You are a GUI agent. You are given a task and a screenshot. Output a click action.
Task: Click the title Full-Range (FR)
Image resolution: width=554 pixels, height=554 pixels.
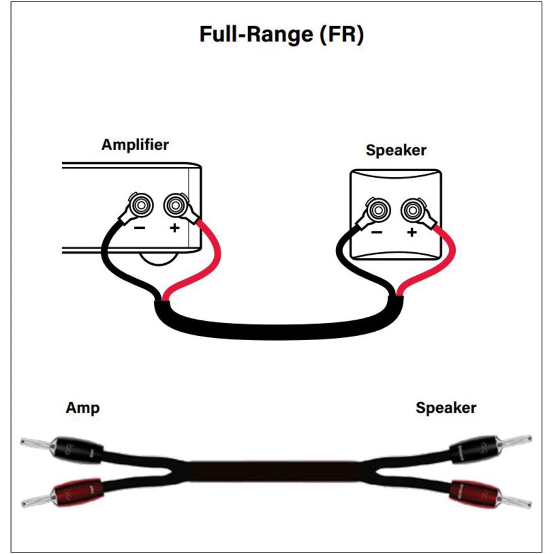[281, 34]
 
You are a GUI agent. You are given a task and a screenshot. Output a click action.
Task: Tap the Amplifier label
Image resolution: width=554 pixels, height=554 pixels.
[135, 145]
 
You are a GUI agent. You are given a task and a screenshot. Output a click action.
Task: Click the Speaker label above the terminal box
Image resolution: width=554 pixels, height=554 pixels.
[396, 150]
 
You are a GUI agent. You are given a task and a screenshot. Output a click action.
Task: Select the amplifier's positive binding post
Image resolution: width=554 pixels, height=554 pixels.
[174, 204]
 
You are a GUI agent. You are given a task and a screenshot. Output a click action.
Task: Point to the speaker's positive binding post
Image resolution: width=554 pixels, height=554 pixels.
[412, 210]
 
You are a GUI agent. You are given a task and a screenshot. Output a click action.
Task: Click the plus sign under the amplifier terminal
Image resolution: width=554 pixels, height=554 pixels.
[175, 228]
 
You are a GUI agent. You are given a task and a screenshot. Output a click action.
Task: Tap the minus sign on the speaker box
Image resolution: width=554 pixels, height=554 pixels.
[377, 232]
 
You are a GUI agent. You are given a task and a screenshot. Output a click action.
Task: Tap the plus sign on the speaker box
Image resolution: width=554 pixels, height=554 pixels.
[411, 233]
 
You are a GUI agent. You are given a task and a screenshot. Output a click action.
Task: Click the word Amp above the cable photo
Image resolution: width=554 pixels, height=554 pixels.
[83, 408]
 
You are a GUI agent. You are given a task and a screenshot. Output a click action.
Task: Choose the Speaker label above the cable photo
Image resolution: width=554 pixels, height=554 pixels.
[446, 408]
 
